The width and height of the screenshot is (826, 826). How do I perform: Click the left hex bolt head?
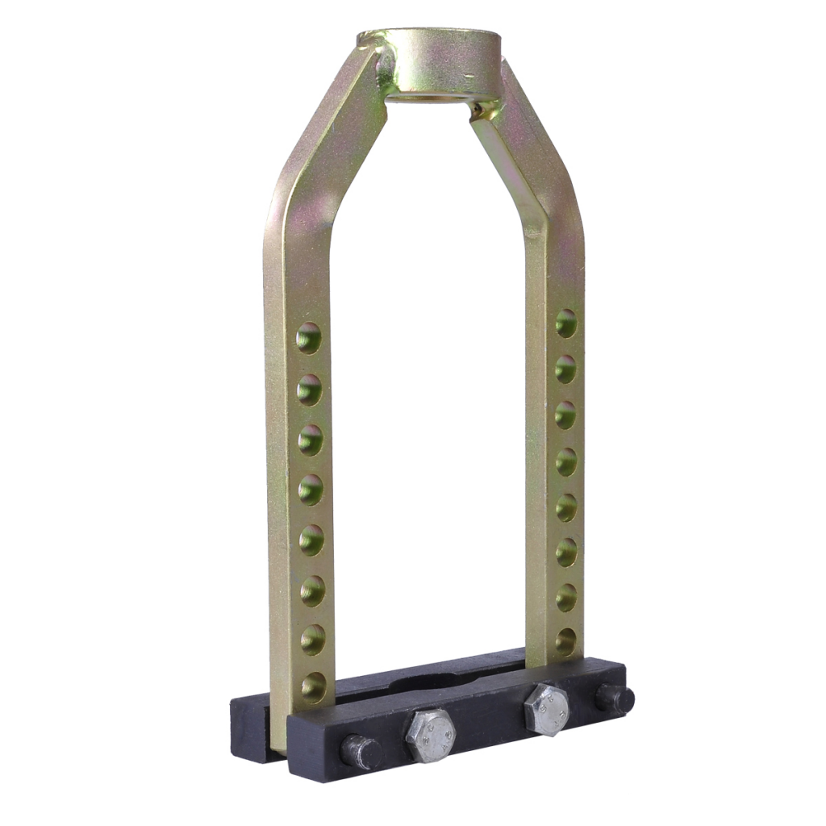click(430, 735)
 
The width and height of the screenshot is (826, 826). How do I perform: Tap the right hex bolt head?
click(546, 709)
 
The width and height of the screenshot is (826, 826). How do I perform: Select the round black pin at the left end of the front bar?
click(361, 752)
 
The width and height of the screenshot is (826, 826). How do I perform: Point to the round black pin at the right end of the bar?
click(615, 698)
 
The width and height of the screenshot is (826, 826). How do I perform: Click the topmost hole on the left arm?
click(308, 338)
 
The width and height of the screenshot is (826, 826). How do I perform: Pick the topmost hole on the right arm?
click(565, 323)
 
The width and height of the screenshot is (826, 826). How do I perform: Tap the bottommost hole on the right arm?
click(565, 641)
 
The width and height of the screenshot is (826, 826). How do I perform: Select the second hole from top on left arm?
click(309, 390)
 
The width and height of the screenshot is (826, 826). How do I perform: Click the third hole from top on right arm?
click(565, 415)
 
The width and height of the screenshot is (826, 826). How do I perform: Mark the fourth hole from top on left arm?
click(311, 489)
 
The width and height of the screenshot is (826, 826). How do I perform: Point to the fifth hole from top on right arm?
click(565, 507)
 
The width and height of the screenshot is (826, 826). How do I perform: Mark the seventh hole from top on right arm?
click(565, 598)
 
